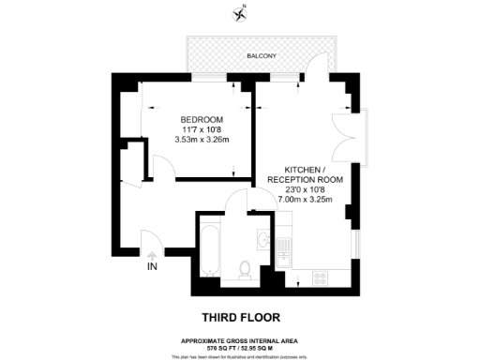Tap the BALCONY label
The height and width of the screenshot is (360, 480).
pyautogui.click(x=261, y=56)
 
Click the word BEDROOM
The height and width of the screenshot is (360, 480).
pyautogui.click(x=202, y=119)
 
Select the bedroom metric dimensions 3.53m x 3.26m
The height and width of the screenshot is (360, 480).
pyautogui.click(x=202, y=140)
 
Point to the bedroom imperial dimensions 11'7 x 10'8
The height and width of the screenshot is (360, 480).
pyautogui.click(x=202, y=129)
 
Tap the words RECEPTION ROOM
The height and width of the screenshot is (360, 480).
pyautogui.click(x=305, y=178)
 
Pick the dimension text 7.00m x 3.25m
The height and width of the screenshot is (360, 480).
pyautogui.click(x=305, y=199)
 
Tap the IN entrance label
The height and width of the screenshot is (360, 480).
pyautogui.click(x=152, y=267)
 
